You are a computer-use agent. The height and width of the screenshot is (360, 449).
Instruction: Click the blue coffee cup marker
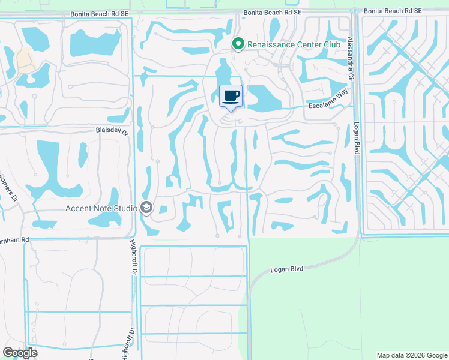[231, 96]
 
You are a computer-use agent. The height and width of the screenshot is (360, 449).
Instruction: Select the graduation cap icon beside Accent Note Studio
[146, 208]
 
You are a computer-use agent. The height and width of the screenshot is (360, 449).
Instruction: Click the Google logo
[20, 353]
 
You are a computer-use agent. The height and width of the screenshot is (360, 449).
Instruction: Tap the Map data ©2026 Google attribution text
[411, 355]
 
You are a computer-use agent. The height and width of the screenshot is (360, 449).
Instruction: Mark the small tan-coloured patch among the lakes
[25, 59]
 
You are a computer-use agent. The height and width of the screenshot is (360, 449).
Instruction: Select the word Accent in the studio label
[79, 208]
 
